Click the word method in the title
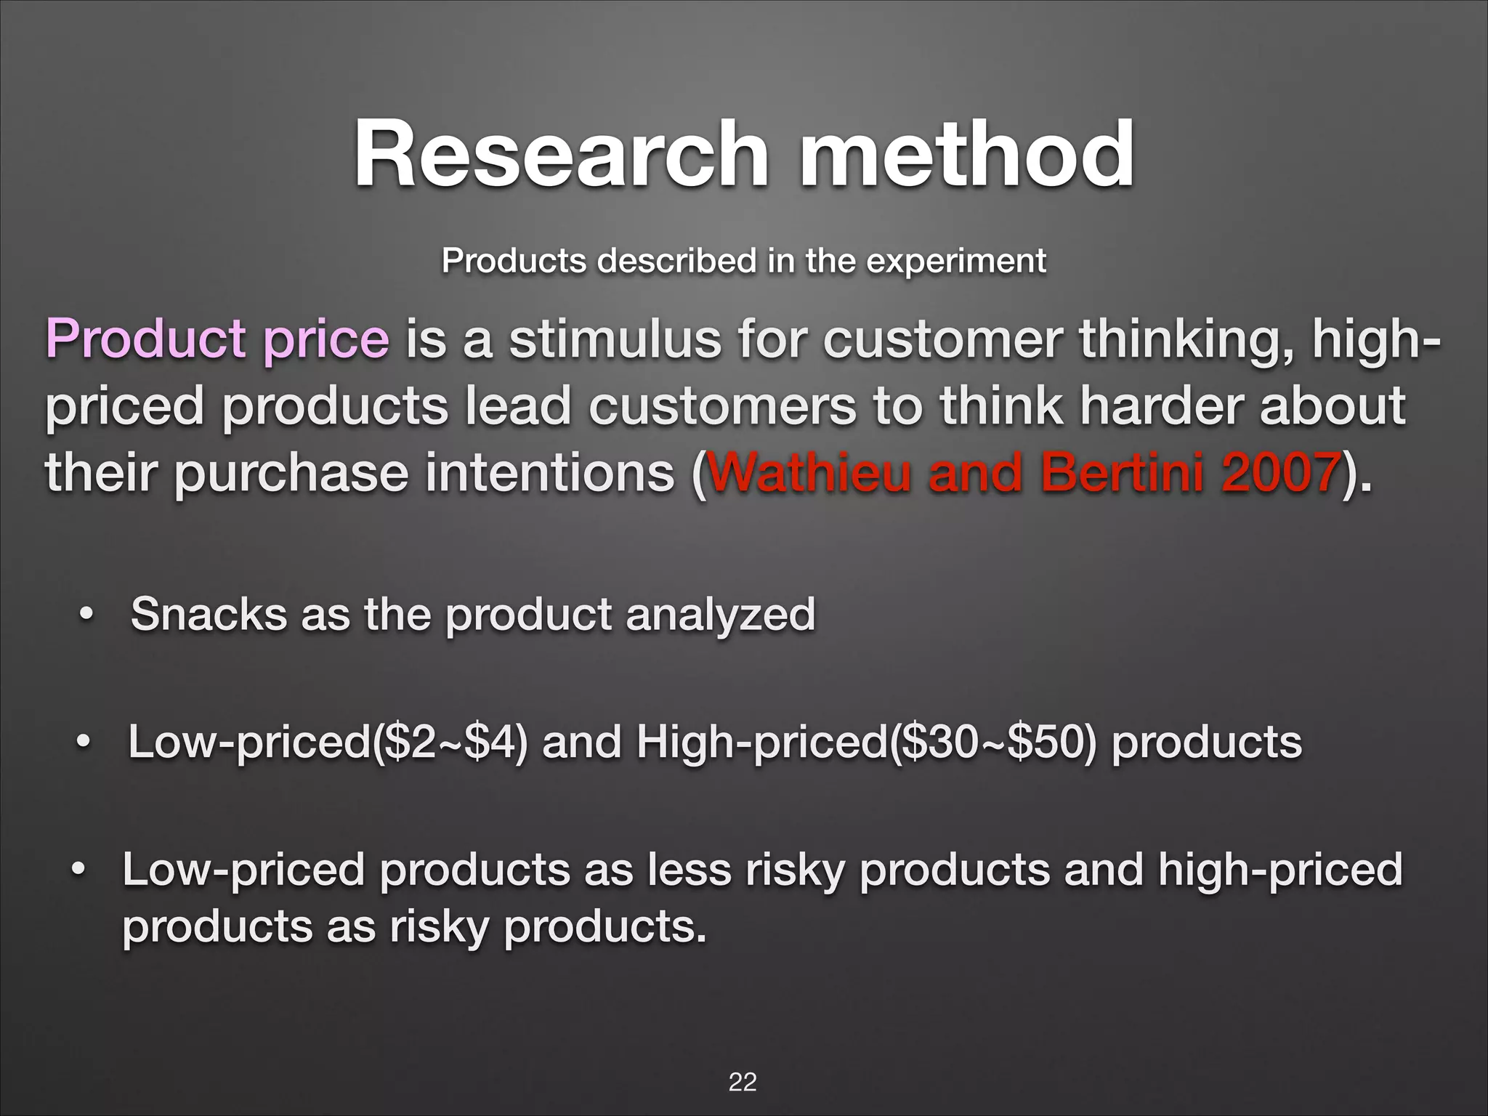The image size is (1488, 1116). click(966, 154)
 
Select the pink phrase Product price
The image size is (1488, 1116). click(217, 339)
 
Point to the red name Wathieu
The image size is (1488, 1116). click(809, 472)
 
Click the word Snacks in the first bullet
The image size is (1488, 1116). click(209, 615)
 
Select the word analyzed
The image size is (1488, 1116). click(720, 615)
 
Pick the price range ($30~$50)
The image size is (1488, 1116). click(991, 743)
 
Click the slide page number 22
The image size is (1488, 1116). click(743, 1082)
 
